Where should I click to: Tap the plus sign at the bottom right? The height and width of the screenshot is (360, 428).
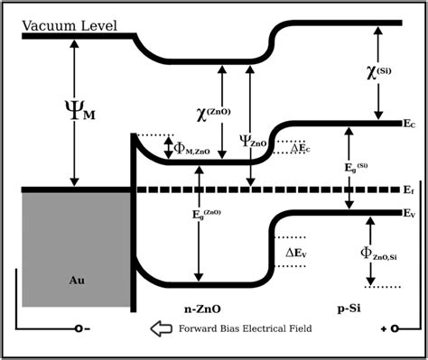point(384,329)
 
